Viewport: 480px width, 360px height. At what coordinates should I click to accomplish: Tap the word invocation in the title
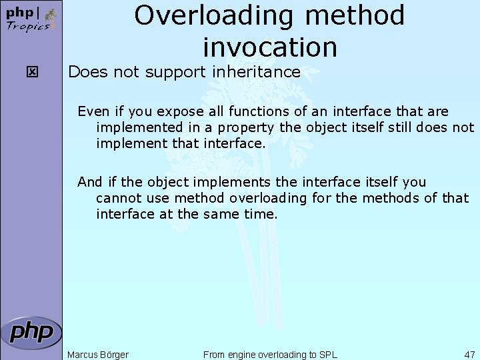pyautogui.click(x=270, y=47)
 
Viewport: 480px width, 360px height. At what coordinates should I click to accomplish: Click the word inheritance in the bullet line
pyautogui.click(x=260, y=72)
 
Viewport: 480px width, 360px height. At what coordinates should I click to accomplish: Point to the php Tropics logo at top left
pyautogui.click(x=31, y=19)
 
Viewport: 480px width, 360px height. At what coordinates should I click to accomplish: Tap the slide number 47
pyautogui.click(x=469, y=355)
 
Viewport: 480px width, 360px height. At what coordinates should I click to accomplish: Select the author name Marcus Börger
pyautogui.click(x=98, y=355)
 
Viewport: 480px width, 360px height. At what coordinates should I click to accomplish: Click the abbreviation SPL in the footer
pyautogui.click(x=328, y=355)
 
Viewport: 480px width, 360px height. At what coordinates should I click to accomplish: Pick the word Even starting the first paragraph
pyautogui.click(x=91, y=111)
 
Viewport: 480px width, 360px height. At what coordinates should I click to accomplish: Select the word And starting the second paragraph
pyautogui.click(x=89, y=182)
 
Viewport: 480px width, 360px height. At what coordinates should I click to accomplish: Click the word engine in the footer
pyautogui.click(x=243, y=355)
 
